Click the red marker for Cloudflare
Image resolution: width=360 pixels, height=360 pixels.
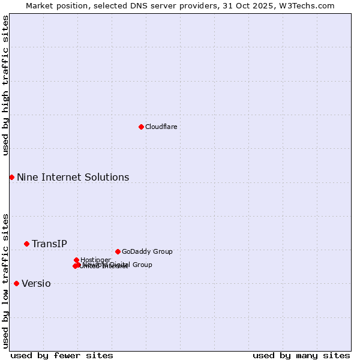click(x=141, y=127)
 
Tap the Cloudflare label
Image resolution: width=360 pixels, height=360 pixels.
click(x=161, y=127)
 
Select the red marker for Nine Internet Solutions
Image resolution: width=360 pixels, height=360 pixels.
click(x=11, y=177)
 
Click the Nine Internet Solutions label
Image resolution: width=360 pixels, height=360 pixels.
click(x=73, y=177)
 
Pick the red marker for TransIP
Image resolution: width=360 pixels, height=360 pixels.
click(x=26, y=244)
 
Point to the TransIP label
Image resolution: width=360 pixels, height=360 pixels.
click(x=49, y=244)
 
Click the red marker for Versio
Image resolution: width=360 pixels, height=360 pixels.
click(x=16, y=283)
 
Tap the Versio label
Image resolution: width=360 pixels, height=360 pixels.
click(x=36, y=284)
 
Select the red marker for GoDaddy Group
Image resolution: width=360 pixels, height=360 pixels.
click(x=118, y=251)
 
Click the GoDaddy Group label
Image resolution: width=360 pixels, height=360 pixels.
click(x=146, y=251)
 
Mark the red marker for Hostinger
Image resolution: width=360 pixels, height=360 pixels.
click(x=76, y=260)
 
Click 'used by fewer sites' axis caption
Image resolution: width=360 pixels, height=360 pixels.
click(x=62, y=355)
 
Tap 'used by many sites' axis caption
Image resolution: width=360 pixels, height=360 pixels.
click(x=301, y=355)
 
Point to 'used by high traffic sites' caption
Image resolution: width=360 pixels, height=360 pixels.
click(x=5, y=85)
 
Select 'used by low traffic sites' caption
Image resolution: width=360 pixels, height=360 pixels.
click(x=5, y=281)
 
